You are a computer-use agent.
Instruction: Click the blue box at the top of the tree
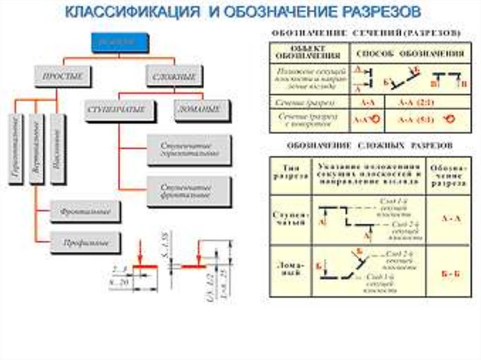(120, 42)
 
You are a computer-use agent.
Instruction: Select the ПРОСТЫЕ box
(62, 76)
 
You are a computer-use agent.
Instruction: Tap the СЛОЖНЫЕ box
(174, 76)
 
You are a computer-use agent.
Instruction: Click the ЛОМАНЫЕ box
(203, 110)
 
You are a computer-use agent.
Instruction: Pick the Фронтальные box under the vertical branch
(85, 212)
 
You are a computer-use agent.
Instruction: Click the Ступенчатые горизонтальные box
(189, 150)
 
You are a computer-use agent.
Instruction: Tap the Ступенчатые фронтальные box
(189, 191)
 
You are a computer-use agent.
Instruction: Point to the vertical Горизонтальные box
(16, 149)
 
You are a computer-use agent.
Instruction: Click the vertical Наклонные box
(57, 149)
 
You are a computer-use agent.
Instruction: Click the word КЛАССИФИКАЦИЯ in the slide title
(132, 13)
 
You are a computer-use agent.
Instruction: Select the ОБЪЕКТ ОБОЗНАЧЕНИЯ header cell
(309, 53)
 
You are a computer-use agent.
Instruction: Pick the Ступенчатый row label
(290, 219)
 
